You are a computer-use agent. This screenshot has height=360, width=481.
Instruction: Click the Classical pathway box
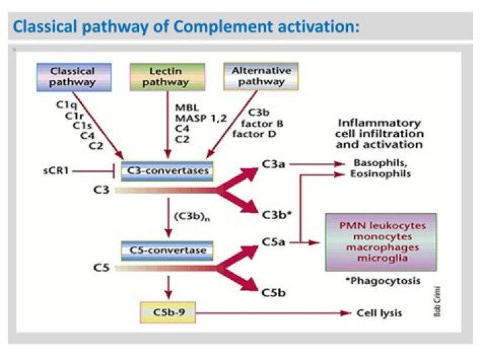pos(74,77)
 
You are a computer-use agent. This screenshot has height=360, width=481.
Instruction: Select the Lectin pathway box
pos(167,77)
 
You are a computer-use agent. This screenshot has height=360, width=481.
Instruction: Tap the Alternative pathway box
pos(261,76)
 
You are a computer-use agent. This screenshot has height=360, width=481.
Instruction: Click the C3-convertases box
pos(167,171)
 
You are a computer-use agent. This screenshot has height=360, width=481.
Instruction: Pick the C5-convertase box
pos(167,250)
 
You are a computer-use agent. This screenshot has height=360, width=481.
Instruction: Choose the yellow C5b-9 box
pos(168,313)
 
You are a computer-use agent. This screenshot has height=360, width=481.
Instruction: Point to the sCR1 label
pos(56,170)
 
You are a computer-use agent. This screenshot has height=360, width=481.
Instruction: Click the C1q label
pos(66,105)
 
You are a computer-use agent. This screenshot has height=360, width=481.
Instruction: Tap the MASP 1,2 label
pos(200,118)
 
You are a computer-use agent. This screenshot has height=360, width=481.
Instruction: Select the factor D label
pos(255,134)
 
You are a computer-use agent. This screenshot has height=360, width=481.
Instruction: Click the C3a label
pos(273,164)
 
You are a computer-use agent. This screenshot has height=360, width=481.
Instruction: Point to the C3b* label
pos(277,215)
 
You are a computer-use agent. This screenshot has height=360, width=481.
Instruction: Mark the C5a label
pos(273,242)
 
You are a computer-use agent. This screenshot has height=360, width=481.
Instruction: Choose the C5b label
pos(273,293)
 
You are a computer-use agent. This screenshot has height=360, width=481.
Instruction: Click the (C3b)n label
pos(192,217)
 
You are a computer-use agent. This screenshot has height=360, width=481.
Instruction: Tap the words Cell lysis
pos(379,313)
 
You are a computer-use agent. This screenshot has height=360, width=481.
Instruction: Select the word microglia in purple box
pos(382,258)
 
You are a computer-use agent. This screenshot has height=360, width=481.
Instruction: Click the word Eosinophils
pos(380,174)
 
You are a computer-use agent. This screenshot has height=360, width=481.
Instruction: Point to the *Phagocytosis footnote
pos(383,281)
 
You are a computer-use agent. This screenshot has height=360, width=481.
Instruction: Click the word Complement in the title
pos(223,26)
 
